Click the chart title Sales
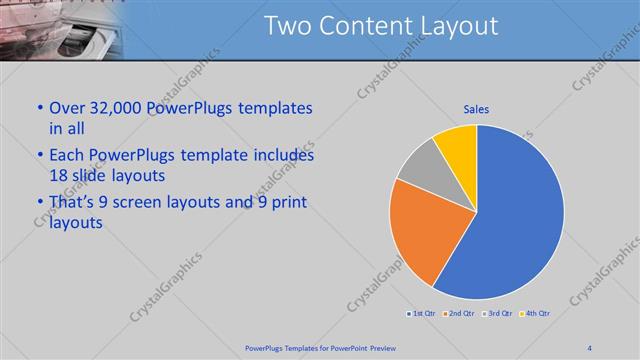(476, 110)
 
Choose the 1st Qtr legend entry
(420, 314)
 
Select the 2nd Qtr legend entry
(460, 314)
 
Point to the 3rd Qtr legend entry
(498, 314)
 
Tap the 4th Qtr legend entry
(536, 314)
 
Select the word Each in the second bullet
(66, 156)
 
